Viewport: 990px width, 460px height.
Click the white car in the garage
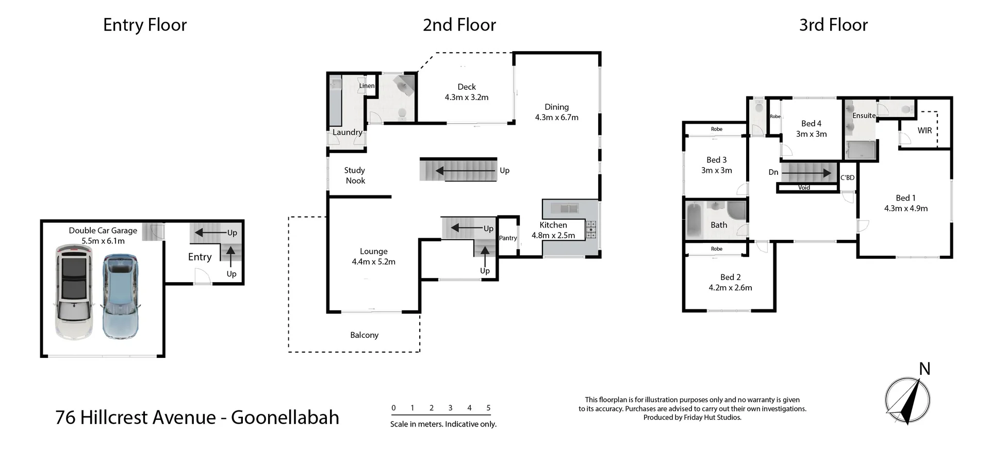(x=74, y=292)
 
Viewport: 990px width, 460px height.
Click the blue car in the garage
(x=121, y=296)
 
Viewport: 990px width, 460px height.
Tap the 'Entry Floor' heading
(x=145, y=25)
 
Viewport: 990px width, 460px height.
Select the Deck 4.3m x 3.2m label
(x=467, y=92)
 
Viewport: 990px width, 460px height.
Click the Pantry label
(x=508, y=238)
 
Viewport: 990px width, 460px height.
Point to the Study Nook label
(x=355, y=175)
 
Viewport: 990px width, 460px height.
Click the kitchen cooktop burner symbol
(x=591, y=229)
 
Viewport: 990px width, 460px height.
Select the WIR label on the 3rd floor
(x=925, y=130)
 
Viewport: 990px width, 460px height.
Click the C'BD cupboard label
(x=847, y=177)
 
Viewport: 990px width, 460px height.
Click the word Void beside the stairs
(x=804, y=188)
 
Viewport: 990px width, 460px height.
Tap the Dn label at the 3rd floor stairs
(x=773, y=172)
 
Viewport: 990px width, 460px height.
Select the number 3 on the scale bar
(x=450, y=408)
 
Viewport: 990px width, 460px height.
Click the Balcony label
(x=364, y=335)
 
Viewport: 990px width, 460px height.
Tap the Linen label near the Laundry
(x=367, y=86)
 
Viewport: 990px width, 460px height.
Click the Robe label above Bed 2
(x=716, y=249)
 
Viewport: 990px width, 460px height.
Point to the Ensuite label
(x=864, y=116)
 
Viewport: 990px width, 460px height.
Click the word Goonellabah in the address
(x=285, y=417)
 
